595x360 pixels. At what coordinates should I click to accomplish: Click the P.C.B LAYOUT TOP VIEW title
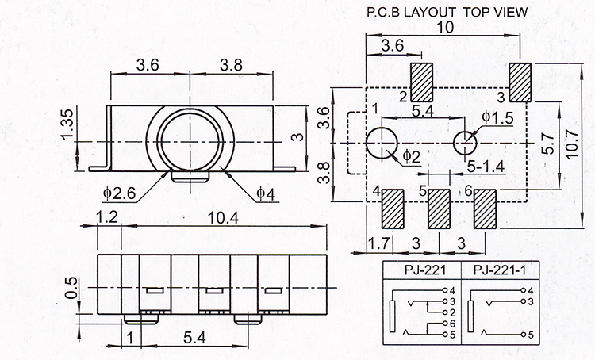447,12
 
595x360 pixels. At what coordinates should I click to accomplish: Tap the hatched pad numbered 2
421,82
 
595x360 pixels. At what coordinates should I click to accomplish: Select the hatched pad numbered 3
520,82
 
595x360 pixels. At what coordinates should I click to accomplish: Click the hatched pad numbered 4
393,209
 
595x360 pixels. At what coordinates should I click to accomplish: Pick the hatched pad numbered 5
439,209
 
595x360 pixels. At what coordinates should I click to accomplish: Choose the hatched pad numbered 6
485,209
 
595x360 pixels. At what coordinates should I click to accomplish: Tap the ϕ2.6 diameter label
119,193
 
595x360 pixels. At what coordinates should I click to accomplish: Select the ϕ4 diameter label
266,193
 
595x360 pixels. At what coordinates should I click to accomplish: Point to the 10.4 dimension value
223,218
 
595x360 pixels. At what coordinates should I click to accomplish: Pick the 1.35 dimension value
68,124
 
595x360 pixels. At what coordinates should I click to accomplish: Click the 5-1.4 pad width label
486,167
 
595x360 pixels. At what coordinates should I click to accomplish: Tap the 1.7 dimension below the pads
379,243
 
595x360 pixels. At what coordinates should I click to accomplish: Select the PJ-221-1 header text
500,270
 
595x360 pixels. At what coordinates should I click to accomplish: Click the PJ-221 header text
425,270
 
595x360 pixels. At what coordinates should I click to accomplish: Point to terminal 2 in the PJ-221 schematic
452,313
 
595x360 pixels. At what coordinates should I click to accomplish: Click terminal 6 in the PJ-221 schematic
452,324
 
